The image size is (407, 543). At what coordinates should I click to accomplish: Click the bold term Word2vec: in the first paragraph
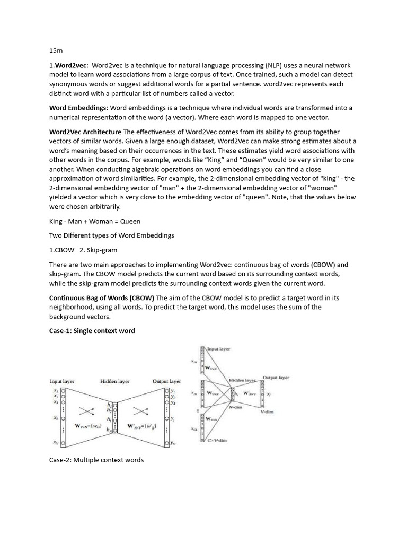70,65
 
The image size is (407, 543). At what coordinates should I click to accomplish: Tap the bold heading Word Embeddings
75,108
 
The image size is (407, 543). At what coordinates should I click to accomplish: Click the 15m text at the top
56,50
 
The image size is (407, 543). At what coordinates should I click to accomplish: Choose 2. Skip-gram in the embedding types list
99,250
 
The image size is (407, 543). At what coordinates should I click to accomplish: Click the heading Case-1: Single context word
92,331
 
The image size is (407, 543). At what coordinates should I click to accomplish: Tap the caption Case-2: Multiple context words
96,460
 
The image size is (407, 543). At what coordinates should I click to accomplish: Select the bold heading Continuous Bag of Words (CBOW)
102,298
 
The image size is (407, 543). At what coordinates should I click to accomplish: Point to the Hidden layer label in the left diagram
114,381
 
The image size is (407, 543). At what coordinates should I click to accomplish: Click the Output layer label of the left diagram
166,381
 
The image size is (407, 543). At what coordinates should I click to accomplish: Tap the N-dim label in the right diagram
236,407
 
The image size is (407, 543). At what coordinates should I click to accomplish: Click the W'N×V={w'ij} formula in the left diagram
142,425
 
